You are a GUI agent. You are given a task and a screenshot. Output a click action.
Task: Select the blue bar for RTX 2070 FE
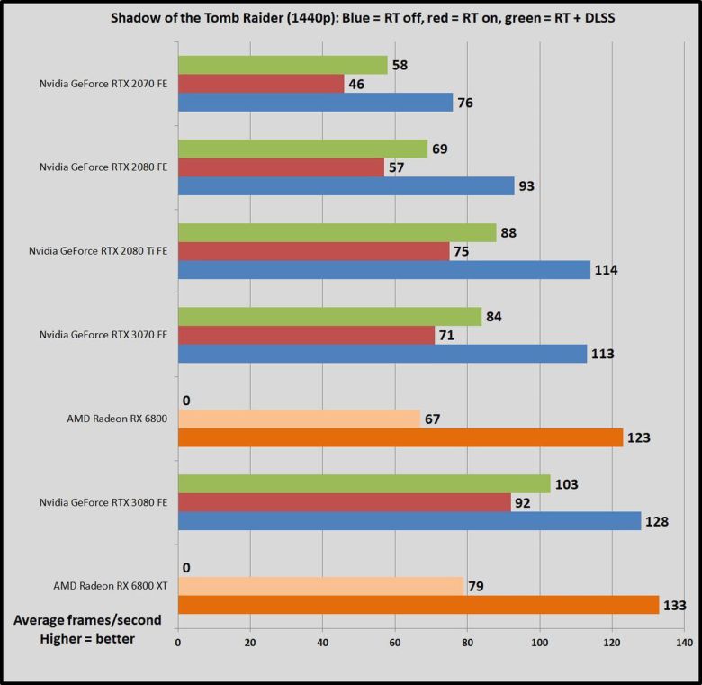point(315,102)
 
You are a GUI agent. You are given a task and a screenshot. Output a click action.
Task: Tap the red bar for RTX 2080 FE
point(281,167)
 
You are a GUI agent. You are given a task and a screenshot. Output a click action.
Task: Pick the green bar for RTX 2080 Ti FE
point(337,232)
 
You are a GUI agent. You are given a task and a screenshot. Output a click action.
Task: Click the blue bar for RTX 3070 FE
point(382,353)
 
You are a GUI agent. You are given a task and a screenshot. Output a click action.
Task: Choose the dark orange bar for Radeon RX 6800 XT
point(418,605)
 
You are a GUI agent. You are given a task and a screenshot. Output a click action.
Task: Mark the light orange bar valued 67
point(299,419)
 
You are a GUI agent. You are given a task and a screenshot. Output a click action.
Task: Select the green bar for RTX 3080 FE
point(364,483)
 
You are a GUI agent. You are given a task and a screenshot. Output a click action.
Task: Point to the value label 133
point(676,606)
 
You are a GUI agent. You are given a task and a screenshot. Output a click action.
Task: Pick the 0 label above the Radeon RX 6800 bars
point(185,400)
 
